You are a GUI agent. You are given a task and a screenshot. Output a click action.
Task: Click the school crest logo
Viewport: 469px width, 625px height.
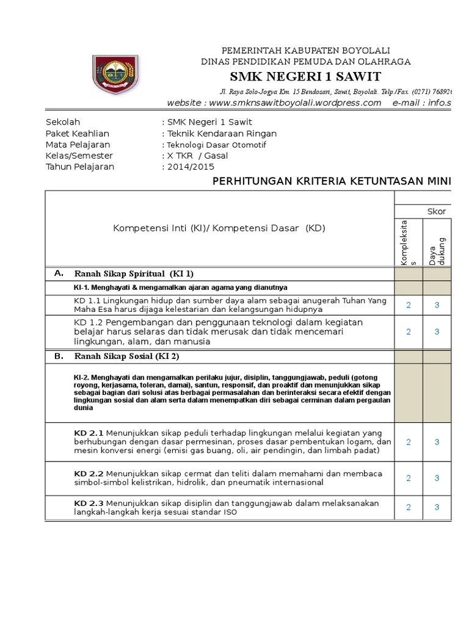pyautogui.click(x=115, y=75)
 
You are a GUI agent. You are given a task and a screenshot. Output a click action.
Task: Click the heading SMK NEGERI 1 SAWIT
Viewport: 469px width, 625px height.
pyautogui.click(x=305, y=76)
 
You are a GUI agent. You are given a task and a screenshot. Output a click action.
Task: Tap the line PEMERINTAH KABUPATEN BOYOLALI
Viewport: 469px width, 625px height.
pyautogui.click(x=305, y=50)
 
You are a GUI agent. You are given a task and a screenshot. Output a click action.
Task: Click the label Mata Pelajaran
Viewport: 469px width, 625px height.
pyautogui.click(x=78, y=145)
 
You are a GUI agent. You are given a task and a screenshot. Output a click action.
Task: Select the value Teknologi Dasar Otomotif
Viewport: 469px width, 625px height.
pyautogui.click(x=216, y=145)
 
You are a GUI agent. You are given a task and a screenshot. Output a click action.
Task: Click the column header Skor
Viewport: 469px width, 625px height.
pyautogui.click(x=436, y=211)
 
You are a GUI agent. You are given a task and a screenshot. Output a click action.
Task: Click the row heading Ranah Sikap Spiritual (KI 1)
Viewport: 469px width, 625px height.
pyautogui.click(x=134, y=273)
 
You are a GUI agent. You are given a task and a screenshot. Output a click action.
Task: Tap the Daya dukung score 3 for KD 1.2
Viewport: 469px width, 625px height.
pyautogui.click(x=437, y=331)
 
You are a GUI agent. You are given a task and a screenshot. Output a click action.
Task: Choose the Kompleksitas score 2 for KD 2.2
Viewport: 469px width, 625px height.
pyautogui.click(x=409, y=478)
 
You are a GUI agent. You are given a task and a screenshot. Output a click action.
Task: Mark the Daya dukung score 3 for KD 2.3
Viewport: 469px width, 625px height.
pyautogui.click(x=437, y=507)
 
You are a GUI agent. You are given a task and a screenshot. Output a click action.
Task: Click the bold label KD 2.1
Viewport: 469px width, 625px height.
pyautogui.click(x=89, y=432)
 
